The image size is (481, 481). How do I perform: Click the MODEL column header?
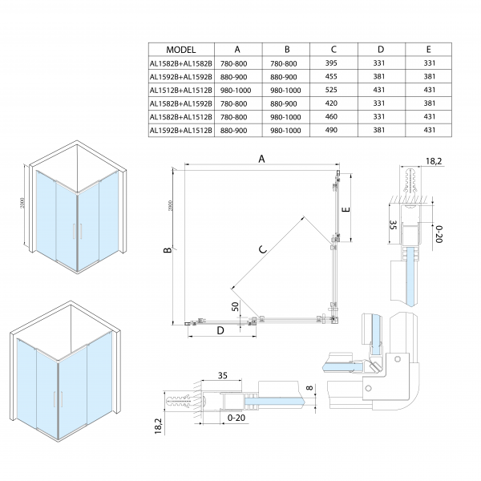click(181, 50)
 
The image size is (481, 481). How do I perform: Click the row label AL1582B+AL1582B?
click(181, 63)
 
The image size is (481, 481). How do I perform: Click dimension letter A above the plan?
click(261, 159)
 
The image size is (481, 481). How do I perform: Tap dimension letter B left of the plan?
click(167, 251)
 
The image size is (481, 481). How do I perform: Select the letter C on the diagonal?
click(261, 250)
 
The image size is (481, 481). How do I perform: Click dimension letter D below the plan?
click(217, 330)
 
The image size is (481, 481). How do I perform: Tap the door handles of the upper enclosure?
click(77, 231)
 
